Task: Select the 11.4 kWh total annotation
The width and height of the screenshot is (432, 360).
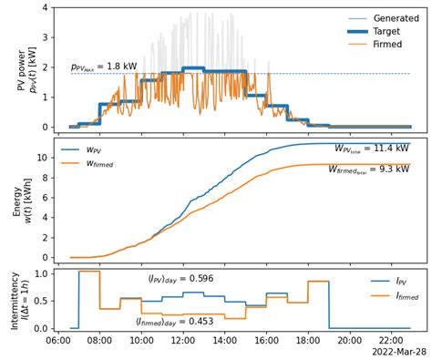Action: (x=371, y=148)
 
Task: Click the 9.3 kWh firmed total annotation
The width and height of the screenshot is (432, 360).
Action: (x=368, y=169)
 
